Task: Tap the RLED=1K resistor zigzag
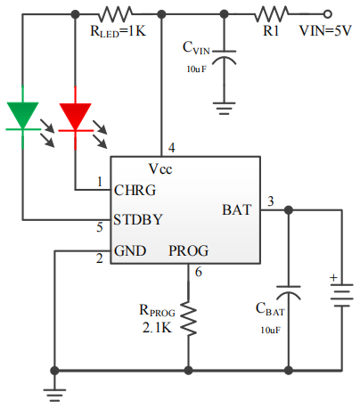coord(115,14)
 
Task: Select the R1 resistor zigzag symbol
coord(272,14)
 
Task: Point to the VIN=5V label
coord(325,31)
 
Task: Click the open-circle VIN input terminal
coord(327,14)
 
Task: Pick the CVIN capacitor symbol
coord(225,57)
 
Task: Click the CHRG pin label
coord(135,190)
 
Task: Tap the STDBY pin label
coord(138,220)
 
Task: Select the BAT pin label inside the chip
coord(237,209)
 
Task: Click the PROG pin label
coord(189,250)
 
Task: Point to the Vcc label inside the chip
coord(160,169)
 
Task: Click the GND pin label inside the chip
coord(130,250)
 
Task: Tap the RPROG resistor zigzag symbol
coord(188,318)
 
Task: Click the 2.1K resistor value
coord(157,328)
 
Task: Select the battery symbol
coord(342,295)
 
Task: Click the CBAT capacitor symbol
coord(289,293)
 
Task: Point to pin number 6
coord(199,272)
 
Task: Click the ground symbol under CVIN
coord(225,109)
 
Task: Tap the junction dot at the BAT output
coord(289,210)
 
